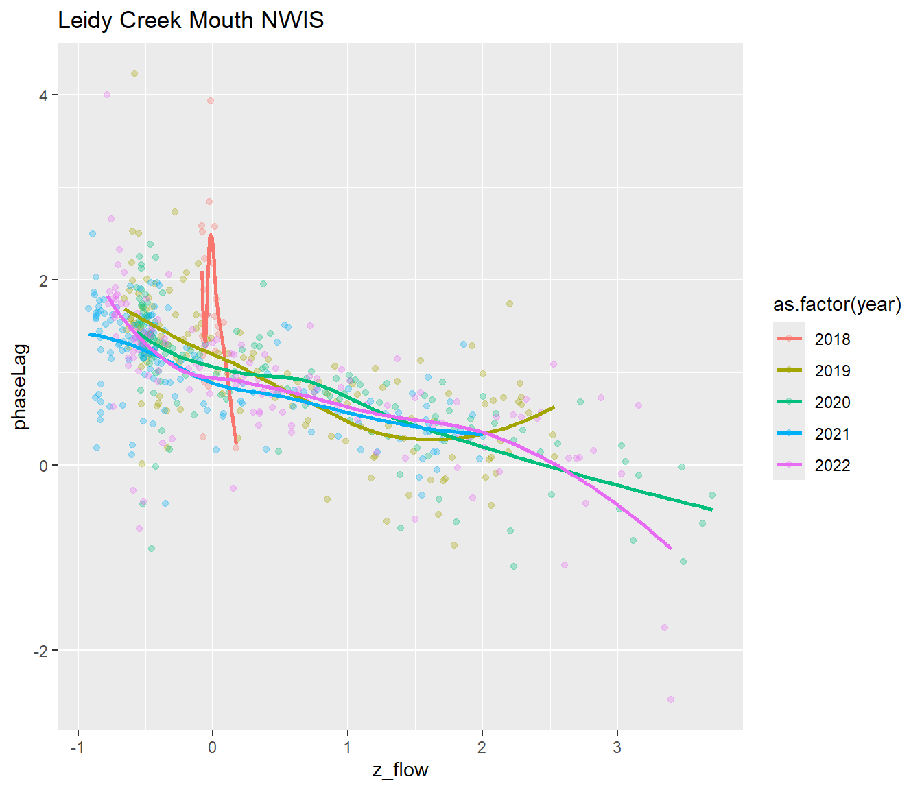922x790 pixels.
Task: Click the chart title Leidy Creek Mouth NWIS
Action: (x=191, y=21)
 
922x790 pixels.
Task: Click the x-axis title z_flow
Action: (x=400, y=770)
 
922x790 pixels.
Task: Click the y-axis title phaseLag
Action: (x=21, y=386)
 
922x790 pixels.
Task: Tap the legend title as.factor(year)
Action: (x=837, y=304)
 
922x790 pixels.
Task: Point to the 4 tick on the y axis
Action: (x=43, y=95)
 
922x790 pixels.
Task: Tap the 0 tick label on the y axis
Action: (x=43, y=466)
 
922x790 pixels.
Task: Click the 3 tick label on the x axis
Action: (x=617, y=747)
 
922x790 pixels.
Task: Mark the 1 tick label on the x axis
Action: (x=347, y=747)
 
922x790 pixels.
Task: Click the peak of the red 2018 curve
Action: (x=211, y=236)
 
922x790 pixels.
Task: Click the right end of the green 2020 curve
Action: (x=711, y=510)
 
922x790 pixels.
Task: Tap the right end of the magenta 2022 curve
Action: (x=670, y=549)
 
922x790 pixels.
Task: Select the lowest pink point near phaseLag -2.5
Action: (x=670, y=699)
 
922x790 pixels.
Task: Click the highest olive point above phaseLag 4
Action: (x=134, y=73)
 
